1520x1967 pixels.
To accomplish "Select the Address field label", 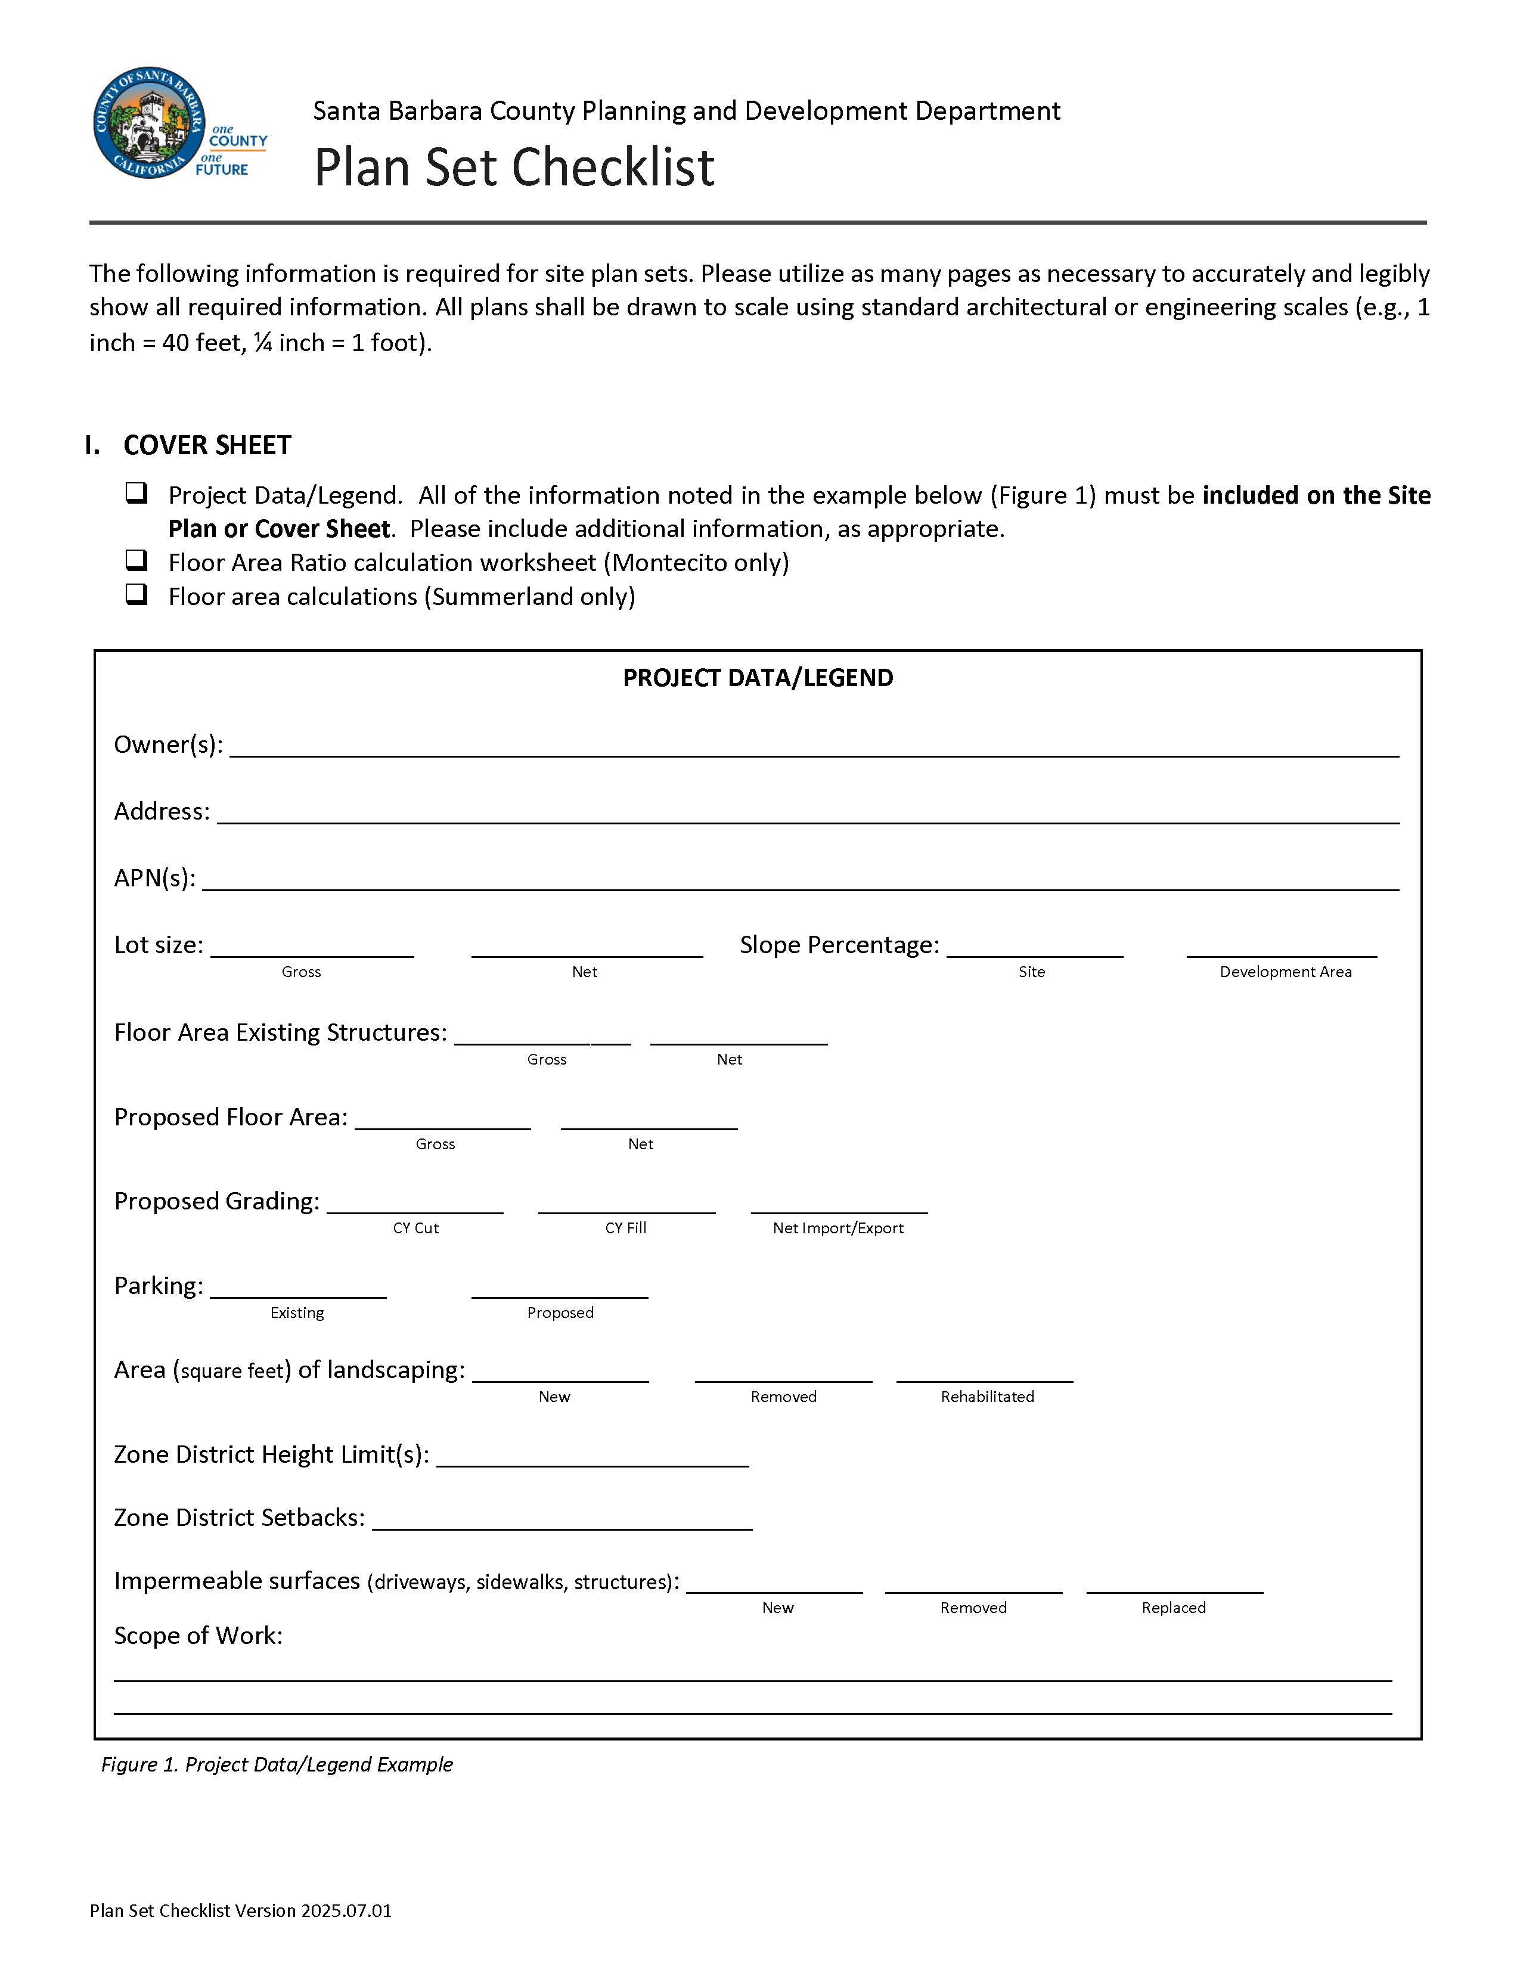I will pos(161,811).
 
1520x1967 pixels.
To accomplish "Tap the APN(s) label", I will pos(154,878).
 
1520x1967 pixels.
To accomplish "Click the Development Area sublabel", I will pos(1285,972).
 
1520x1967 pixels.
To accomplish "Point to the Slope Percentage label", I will pos(838,945).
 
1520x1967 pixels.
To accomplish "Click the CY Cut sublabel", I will pos(415,1228).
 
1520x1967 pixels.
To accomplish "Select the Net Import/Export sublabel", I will pos(837,1228).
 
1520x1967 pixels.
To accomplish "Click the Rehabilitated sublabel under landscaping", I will pos(987,1397).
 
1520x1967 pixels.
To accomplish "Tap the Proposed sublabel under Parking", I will pos(560,1313).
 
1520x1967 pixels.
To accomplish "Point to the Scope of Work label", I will pos(198,1636).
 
